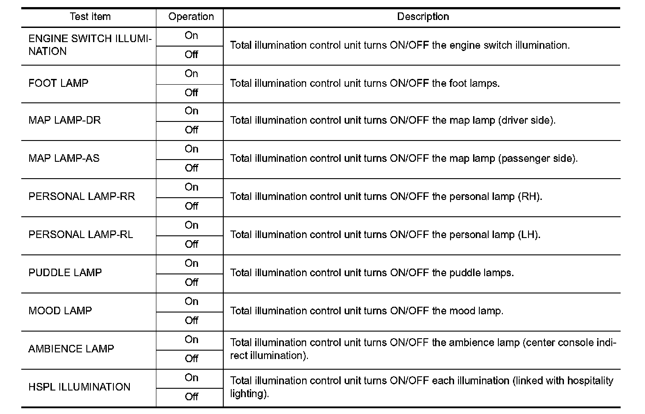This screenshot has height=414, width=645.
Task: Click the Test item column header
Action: point(90,17)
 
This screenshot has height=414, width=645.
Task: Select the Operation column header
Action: point(191,17)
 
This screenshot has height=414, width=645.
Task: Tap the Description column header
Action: point(423,17)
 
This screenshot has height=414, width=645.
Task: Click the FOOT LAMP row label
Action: point(58,83)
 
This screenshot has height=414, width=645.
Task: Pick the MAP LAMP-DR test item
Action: point(65,121)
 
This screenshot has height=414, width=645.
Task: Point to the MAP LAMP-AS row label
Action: point(64,158)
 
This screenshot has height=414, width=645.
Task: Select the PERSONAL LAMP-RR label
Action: point(82,196)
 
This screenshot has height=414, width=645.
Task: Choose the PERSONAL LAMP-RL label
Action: point(81,234)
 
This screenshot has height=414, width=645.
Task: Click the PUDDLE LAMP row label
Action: point(65,273)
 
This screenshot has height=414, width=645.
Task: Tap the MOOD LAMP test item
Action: point(60,311)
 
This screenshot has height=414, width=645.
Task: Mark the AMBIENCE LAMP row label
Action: point(71,349)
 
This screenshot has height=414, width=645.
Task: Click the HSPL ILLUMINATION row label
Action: point(79,387)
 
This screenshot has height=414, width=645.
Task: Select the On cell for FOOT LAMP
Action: point(191,74)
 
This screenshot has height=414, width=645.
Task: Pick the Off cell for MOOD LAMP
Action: point(191,320)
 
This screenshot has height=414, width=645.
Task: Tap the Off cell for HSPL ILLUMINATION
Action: point(191,397)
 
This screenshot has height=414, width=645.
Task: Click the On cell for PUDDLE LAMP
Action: point(191,263)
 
